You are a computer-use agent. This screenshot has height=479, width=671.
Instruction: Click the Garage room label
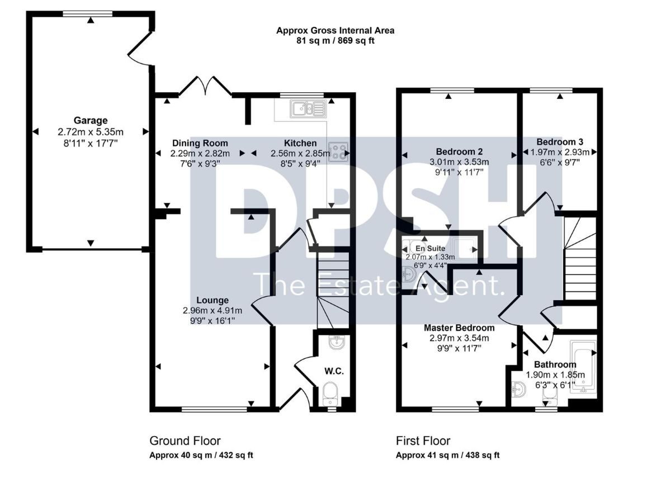(x=91, y=120)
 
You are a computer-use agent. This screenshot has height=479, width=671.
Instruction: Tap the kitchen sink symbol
(x=308, y=108)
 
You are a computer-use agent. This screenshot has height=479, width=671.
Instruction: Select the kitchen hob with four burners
(x=338, y=152)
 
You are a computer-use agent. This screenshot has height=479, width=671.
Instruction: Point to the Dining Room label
(x=200, y=143)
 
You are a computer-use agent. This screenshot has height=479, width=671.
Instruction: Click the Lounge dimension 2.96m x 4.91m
(x=212, y=311)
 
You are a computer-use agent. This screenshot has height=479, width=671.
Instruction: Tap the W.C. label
(x=334, y=371)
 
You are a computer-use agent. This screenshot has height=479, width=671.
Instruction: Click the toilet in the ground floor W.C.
(x=330, y=393)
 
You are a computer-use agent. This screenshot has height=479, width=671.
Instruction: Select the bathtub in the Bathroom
(x=583, y=367)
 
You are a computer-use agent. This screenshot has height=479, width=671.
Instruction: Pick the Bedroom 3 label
(x=560, y=142)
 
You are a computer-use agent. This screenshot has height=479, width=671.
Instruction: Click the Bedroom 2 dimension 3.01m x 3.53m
(x=459, y=162)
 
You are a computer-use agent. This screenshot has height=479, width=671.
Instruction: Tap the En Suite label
(x=430, y=248)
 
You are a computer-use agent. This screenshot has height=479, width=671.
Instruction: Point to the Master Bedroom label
(x=459, y=328)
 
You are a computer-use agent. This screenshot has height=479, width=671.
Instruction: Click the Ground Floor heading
(x=185, y=441)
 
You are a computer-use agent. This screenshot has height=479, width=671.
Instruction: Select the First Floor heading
(x=423, y=441)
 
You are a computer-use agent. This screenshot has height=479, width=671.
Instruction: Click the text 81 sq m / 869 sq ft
(x=335, y=40)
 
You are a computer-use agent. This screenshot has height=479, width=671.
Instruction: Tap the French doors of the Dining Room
(x=206, y=86)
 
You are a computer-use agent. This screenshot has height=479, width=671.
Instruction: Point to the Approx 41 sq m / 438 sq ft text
(x=447, y=456)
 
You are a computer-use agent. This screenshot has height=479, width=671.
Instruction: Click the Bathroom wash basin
(x=518, y=389)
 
